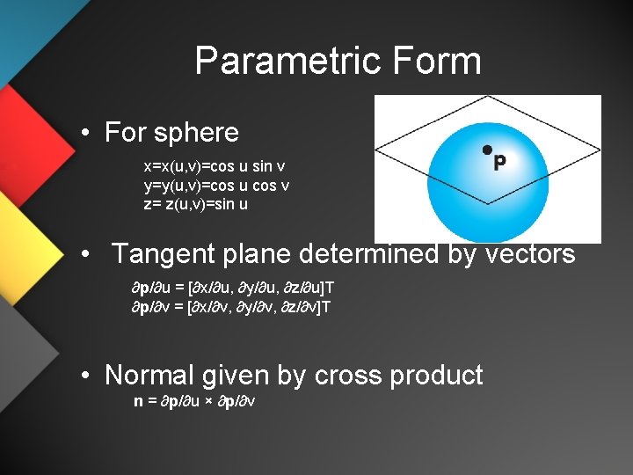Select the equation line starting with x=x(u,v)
[x=214, y=166]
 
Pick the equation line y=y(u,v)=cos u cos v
[x=216, y=186]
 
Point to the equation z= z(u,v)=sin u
[x=201, y=204]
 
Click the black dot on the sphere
[x=485, y=150]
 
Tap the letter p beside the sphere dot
[x=499, y=163]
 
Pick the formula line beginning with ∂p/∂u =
[x=232, y=289]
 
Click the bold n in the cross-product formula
[x=138, y=401]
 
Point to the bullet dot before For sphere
[x=85, y=134]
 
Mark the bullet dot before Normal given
[x=85, y=376]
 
